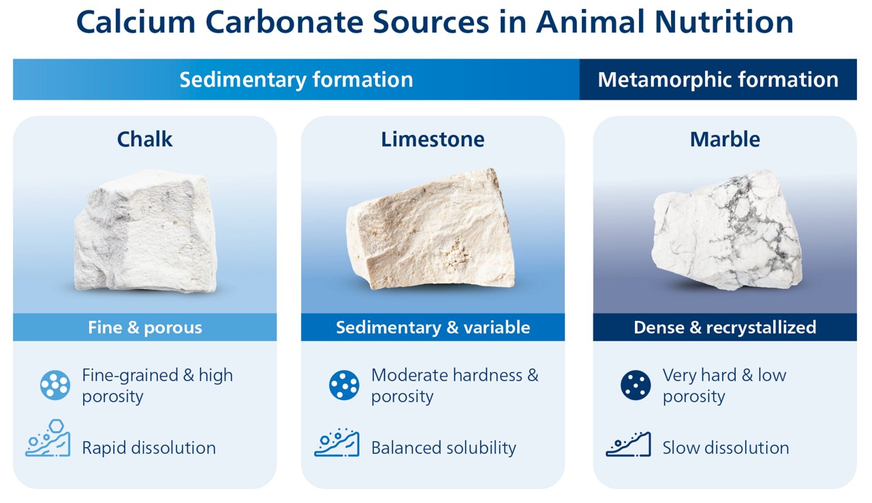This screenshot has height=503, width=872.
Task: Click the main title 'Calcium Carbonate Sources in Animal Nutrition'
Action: [435, 23]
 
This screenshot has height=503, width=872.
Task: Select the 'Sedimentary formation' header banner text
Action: [296, 80]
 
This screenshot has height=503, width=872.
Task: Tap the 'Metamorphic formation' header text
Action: [717, 80]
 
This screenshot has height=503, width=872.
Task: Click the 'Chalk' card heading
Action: [144, 139]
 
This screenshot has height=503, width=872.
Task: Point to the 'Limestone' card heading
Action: [433, 139]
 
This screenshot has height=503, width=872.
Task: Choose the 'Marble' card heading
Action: [725, 139]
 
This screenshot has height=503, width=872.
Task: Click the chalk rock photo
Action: [144, 230]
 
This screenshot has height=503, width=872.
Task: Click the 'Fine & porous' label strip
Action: [144, 327]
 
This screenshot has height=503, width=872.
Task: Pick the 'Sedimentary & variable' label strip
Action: [433, 327]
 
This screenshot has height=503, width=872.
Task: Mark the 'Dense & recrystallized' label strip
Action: [725, 327]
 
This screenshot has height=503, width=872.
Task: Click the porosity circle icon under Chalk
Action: [55, 385]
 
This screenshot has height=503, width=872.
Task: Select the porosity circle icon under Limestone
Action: [344, 385]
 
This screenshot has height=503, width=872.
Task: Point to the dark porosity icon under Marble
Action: [636, 385]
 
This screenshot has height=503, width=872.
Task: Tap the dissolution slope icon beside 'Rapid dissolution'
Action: [48, 444]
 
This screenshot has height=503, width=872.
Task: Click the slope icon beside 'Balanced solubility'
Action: [337, 444]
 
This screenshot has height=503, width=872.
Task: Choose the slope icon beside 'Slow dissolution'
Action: [628, 444]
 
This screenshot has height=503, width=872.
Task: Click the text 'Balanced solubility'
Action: [443, 448]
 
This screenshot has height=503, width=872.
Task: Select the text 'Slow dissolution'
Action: [726, 448]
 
